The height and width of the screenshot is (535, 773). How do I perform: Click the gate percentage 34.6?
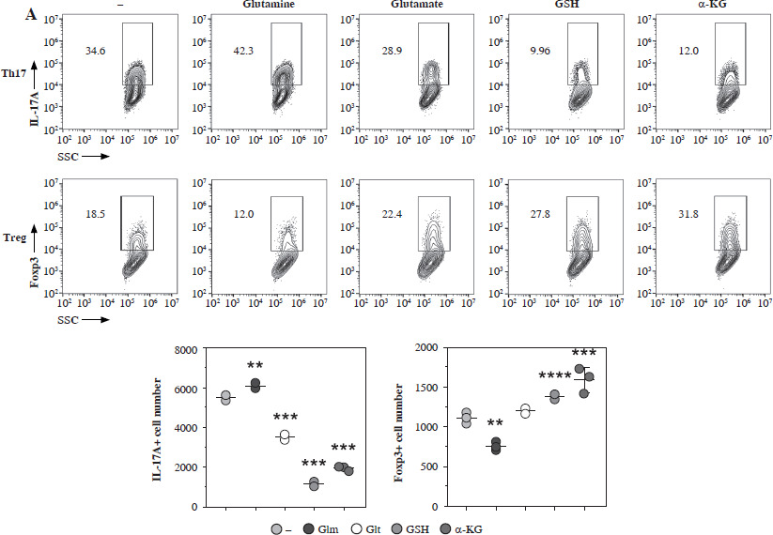[95, 51]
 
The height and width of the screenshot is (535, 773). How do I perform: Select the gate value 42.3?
[243, 51]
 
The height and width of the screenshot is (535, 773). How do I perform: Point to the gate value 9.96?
[540, 51]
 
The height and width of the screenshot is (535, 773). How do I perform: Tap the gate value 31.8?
[688, 214]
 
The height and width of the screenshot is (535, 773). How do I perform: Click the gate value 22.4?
[392, 214]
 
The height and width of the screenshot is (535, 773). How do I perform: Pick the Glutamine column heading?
[269, 4]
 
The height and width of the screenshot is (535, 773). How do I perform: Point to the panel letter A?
[31, 15]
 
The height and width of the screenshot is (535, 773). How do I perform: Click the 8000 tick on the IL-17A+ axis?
[186, 350]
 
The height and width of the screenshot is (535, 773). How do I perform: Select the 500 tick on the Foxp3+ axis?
[429, 467]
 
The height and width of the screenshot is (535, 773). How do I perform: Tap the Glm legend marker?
[309, 529]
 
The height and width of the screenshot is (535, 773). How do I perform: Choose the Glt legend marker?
[357, 529]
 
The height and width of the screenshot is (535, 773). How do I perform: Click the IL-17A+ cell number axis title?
[157, 429]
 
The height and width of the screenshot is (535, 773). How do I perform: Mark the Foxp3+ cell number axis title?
[398, 432]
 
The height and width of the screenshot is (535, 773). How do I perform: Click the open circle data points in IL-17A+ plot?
[285, 437]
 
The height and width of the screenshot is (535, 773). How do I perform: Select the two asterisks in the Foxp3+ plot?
[495, 423]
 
